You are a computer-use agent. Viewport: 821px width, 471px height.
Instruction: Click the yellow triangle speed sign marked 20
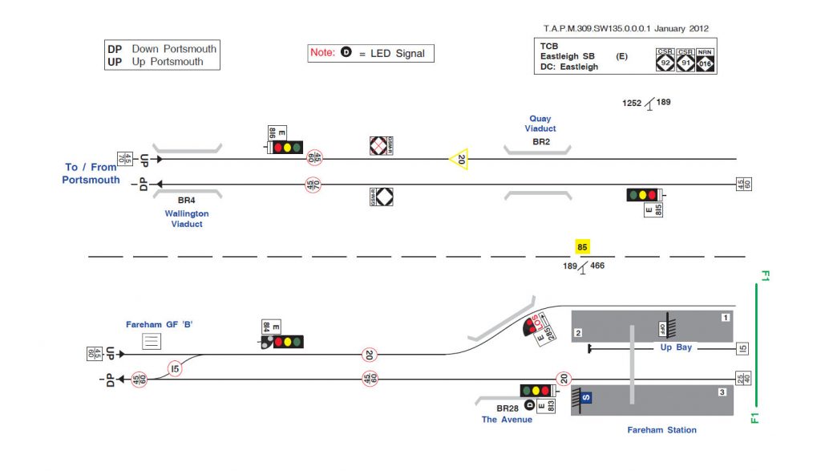coord(459,159)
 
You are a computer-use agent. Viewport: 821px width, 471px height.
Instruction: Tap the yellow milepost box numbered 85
coord(583,247)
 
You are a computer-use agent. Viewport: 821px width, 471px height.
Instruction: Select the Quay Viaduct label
coord(540,124)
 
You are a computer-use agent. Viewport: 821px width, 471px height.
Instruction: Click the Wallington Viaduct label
coord(187,219)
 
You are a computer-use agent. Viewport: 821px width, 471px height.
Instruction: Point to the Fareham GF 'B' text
coord(160,324)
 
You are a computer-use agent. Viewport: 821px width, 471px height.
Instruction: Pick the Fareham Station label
coord(661,430)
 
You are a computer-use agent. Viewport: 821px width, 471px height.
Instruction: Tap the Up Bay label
coord(677,348)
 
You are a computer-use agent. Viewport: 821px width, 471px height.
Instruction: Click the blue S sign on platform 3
coord(586,397)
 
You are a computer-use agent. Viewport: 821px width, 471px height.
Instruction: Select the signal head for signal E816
coord(287,148)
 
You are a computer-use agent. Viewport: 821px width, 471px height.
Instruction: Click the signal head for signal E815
coord(642,195)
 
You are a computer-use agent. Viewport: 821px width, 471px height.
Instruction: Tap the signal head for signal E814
coord(287,342)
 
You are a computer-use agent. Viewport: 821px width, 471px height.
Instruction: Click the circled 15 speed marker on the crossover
coord(176,369)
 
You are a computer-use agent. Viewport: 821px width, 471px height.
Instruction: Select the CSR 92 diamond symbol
coord(665,61)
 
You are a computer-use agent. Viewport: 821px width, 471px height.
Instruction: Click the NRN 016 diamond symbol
coord(705,61)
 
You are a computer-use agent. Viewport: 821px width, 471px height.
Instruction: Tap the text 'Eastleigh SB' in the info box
coord(567,57)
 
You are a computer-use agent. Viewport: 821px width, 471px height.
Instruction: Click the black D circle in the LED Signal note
coord(346,53)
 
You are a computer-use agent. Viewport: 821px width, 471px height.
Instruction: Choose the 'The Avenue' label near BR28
coord(506,420)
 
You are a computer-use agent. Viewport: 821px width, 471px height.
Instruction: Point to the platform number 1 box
coord(726,318)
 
